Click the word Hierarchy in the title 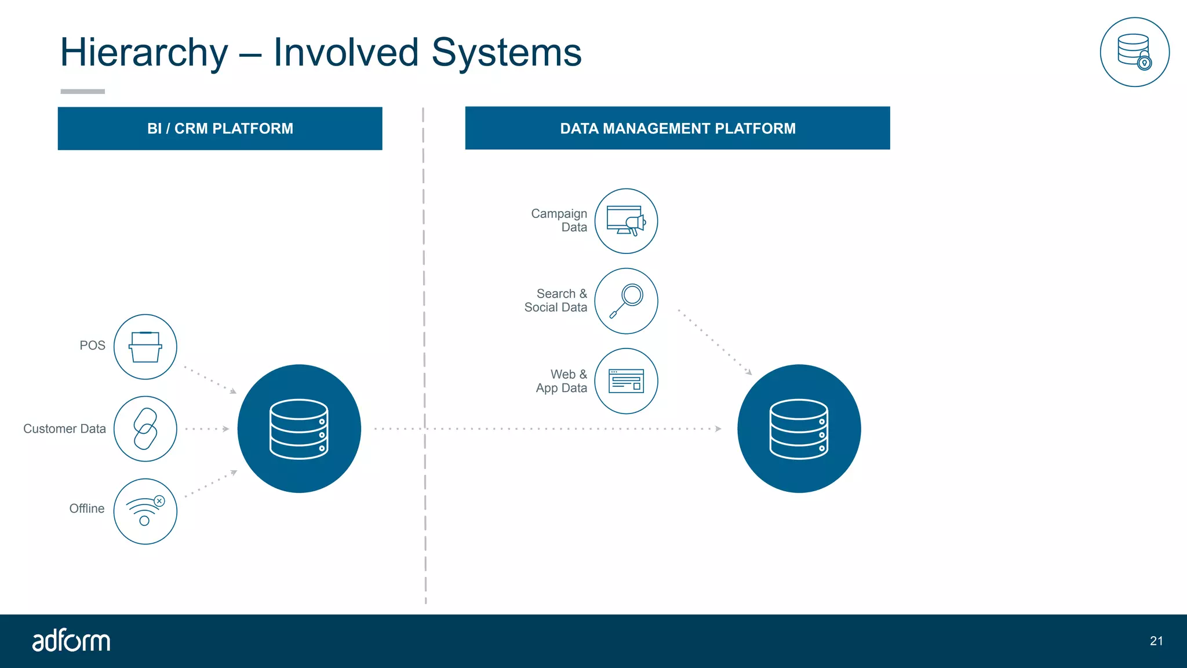(x=144, y=53)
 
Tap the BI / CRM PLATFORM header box (x=220, y=128)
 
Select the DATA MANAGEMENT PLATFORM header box (x=677, y=128)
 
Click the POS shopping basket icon (x=145, y=347)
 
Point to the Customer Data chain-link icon (x=145, y=429)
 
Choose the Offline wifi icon (x=145, y=511)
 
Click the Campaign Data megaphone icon (x=626, y=221)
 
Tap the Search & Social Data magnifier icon (x=626, y=301)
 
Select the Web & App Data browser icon (x=626, y=381)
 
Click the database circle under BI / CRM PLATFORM (x=299, y=429)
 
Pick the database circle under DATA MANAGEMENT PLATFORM (x=799, y=429)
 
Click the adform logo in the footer (x=71, y=641)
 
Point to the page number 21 (x=1156, y=641)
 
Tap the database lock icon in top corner (x=1134, y=52)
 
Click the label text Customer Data (x=64, y=429)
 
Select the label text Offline (x=87, y=509)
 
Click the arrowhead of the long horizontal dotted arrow (x=718, y=429)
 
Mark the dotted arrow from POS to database (x=210, y=380)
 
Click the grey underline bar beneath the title (x=83, y=92)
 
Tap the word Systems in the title (x=506, y=53)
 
